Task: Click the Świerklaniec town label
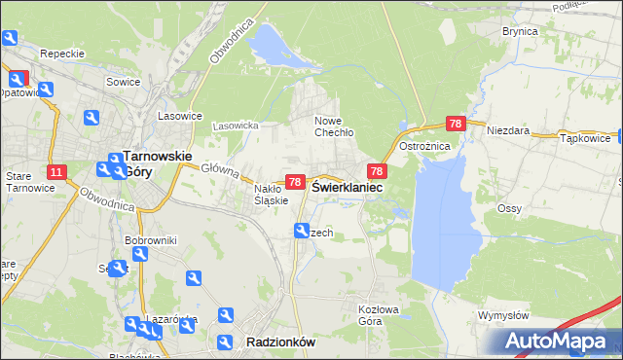[x=347, y=187]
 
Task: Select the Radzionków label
[x=280, y=342]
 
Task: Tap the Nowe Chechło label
[x=333, y=126]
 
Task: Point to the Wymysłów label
[x=503, y=315]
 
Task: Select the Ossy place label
[x=509, y=208]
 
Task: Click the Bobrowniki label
[x=149, y=239]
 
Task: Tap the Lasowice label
[x=180, y=115]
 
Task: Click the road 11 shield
[x=56, y=173]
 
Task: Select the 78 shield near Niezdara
[x=456, y=124]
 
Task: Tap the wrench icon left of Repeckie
[x=10, y=39]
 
